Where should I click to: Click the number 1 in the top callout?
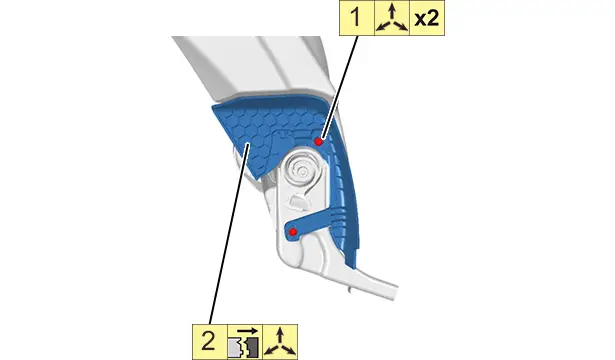(x=357, y=18)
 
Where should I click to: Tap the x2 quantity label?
(x=427, y=18)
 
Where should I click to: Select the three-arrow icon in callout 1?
(x=392, y=18)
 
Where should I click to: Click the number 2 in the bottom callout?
(x=209, y=341)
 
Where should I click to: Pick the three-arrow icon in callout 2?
(x=280, y=342)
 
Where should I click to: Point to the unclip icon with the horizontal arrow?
(x=245, y=342)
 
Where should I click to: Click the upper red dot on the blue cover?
(x=318, y=141)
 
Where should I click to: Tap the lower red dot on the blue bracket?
(x=293, y=232)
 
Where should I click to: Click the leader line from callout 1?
(x=338, y=87)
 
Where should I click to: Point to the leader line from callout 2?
(x=229, y=234)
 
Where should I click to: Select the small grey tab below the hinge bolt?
(x=297, y=203)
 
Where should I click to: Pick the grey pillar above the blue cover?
(x=255, y=67)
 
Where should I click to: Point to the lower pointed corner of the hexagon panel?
(x=257, y=178)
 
